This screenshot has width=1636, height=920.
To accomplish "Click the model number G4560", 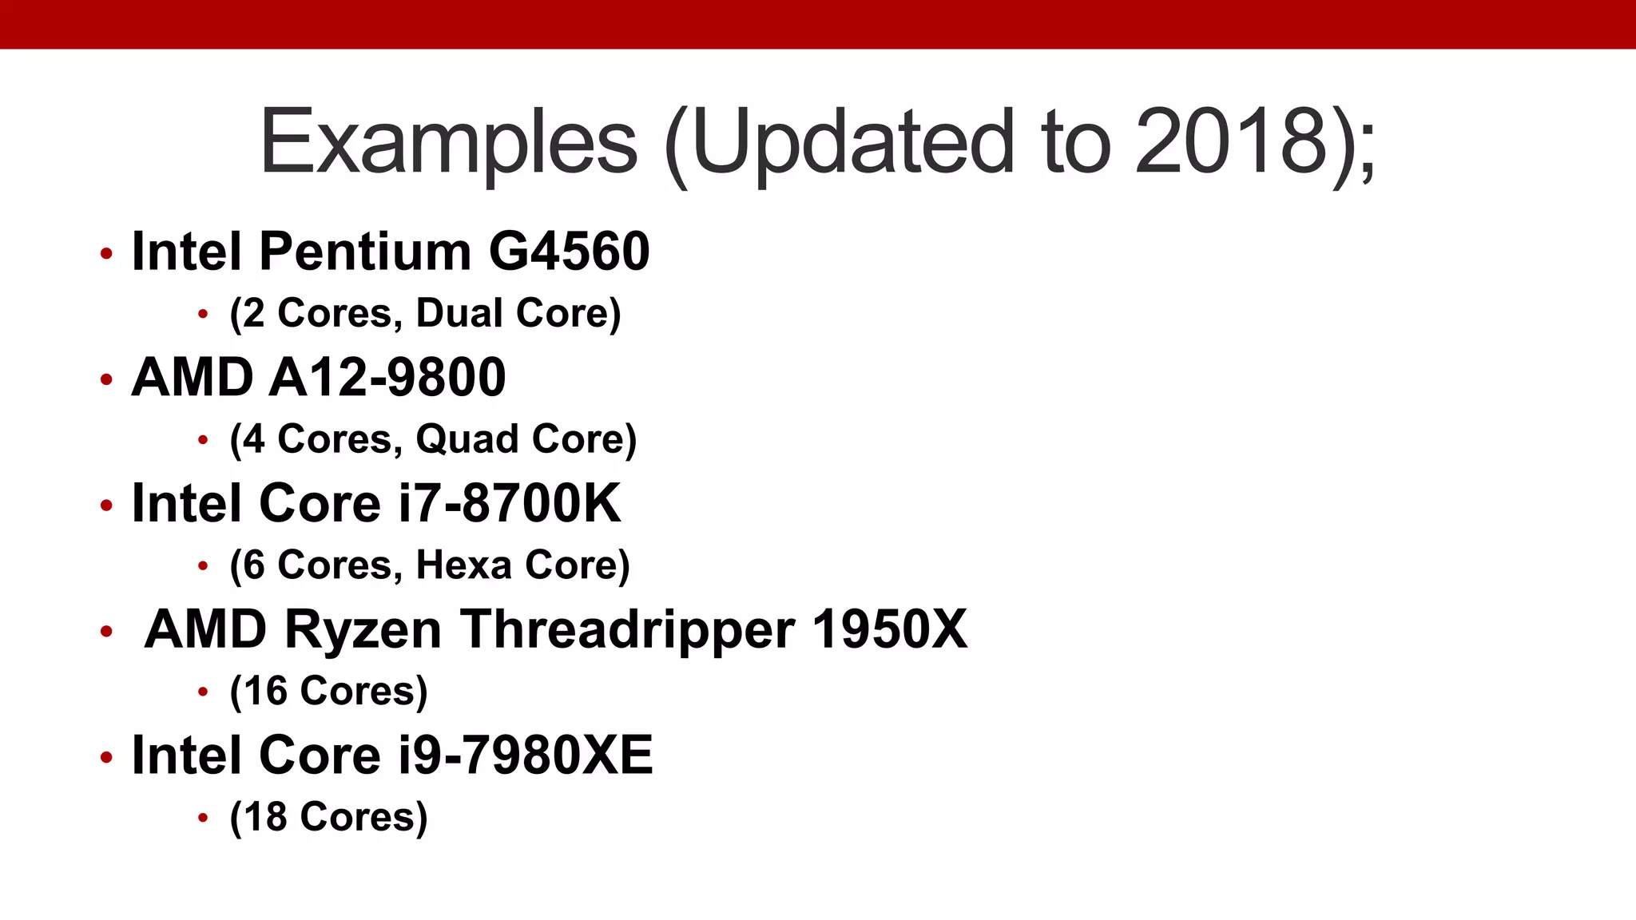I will [x=569, y=252].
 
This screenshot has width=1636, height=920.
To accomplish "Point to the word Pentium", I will [x=365, y=252].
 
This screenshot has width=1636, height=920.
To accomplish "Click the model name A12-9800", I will [x=387, y=377].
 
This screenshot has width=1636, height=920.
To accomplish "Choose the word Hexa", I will [x=464, y=565].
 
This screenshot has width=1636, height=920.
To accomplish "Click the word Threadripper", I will [x=627, y=629].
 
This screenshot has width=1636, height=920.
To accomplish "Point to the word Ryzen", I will [x=363, y=629].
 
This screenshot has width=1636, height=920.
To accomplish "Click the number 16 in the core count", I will [x=266, y=692].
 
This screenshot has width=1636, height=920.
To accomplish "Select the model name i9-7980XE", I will [x=526, y=755].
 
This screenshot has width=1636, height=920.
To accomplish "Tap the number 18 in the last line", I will [x=266, y=818].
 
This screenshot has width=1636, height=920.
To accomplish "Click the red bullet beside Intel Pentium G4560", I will [x=106, y=254].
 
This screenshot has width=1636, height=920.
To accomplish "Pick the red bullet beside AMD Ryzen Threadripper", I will [x=106, y=632].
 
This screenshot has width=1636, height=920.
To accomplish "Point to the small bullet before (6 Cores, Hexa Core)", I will [x=203, y=566].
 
